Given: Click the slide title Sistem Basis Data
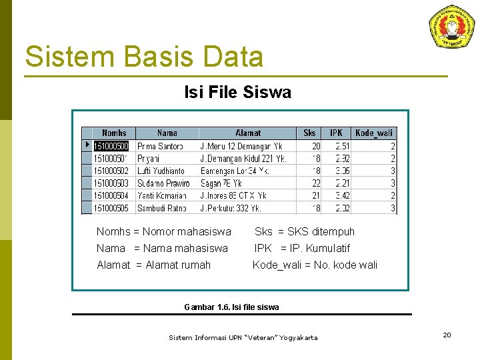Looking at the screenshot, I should click(x=144, y=57).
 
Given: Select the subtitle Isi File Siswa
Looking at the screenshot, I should click(x=237, y=93).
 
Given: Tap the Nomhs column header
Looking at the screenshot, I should click(x=113, y=133).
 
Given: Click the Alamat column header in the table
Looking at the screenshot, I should click(x=247, y=133).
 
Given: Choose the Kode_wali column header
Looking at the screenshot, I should click(x=375, y=133).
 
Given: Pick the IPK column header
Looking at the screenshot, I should click(x=337, y=133).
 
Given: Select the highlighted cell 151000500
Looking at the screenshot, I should click(x=111, y=146).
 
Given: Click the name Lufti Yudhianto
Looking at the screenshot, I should click(x=161, y=171).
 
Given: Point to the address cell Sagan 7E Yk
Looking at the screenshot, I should click(x=221, y=183).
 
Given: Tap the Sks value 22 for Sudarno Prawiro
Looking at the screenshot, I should click(x=315, y=183).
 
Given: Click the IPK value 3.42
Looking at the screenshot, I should click(x=342, y=196).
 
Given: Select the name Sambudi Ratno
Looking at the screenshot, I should click(x=161, y=209).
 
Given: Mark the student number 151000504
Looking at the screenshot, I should click(x=111, y=196).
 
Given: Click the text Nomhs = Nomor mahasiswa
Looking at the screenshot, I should click(x=164, y=232).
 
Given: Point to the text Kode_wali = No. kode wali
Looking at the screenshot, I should click(x=315, y=265).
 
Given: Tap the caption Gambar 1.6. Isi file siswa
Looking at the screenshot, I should click(x=231, y=307).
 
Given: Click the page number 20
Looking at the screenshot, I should click(x=447, y=335).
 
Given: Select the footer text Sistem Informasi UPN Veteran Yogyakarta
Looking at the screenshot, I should click(x=243, y=338).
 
